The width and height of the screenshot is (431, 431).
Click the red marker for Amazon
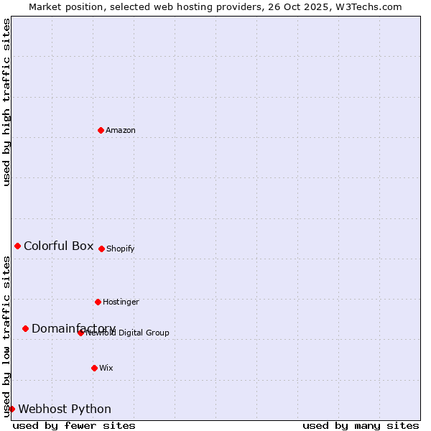101,130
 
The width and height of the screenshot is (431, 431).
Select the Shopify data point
101,249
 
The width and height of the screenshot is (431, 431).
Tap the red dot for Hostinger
98,302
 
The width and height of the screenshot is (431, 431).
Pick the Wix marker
94,368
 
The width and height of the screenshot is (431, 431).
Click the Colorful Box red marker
17,246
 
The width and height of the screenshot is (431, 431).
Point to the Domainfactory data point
25,328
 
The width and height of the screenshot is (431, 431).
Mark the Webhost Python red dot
11,409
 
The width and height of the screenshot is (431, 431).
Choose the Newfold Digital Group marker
80,333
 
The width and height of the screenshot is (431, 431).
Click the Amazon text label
121,130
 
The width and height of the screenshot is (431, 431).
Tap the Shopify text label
121,249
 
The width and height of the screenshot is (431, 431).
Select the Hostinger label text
121,302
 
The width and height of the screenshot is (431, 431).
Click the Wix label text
106,368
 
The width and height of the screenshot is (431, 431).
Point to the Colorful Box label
59,246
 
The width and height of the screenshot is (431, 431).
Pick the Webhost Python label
65,409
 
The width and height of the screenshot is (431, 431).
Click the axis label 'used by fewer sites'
74,425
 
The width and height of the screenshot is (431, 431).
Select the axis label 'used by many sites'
361,425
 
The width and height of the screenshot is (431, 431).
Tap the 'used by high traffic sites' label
6,102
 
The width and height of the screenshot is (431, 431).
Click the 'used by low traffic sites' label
6,336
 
